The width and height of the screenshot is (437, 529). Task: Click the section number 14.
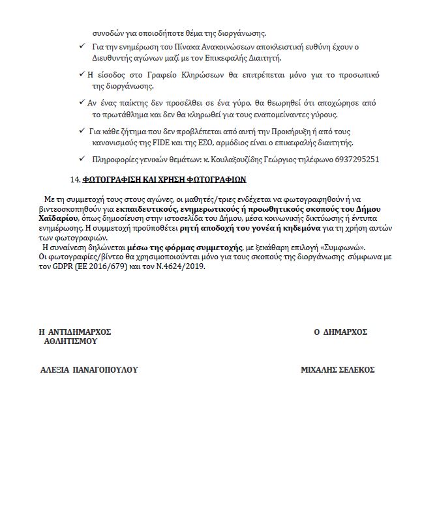pos(74,179)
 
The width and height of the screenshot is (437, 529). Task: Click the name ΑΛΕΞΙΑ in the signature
pos(56,369)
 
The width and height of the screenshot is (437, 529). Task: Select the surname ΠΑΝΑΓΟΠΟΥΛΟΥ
pos(107,369)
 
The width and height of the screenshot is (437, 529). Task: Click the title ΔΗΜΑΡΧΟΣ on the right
pos(345,332)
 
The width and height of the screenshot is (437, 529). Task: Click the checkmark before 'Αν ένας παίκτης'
pos(80,103)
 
